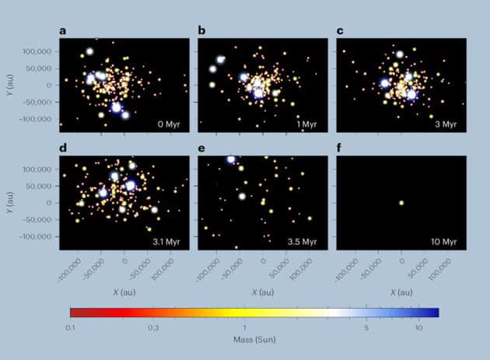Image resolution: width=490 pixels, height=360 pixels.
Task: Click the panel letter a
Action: [x=63, y=32]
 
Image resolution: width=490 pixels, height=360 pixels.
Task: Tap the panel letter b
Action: [x=201, y=32]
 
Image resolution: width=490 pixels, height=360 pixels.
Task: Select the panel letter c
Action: [x=340, y=32]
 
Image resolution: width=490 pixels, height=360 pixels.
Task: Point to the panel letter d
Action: [x=63, y=148]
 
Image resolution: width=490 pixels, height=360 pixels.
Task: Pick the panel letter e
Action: [x=201, y=148]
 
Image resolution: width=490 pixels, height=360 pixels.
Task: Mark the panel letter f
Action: [x=340, y=148]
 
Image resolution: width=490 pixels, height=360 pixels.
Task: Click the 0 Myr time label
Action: [x=170, y=124]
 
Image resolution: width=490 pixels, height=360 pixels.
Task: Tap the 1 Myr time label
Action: [x=309, y=124]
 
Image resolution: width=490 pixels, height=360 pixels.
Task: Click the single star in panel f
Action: [x=401, y=204]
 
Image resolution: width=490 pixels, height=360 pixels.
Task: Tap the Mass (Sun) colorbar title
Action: [x=254, y=340]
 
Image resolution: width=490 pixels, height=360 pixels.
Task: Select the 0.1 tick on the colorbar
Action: [x=70, y=327]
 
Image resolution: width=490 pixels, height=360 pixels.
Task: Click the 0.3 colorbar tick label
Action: [x=153, y=327]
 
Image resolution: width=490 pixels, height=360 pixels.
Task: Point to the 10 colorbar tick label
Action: [x=418, y=327]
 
